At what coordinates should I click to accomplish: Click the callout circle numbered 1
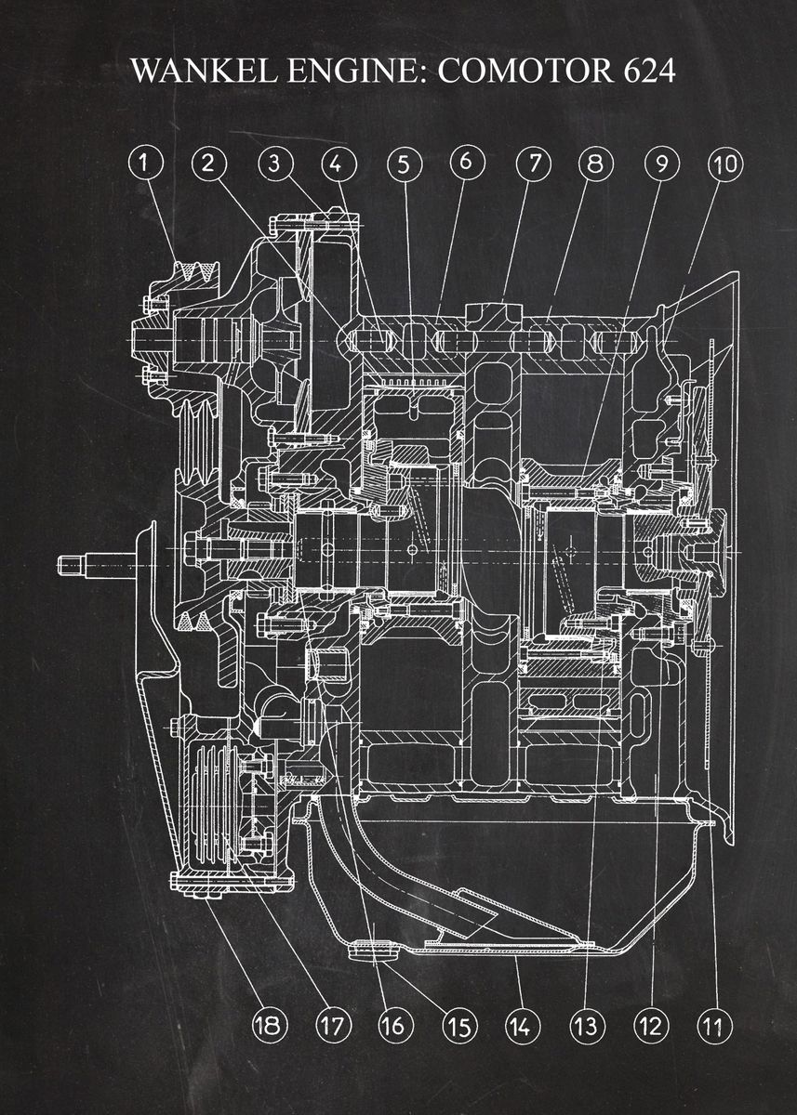[143, 164]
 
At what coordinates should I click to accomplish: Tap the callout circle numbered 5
[404, 164]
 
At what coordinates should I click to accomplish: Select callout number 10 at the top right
[725, 164]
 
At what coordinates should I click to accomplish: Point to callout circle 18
[268, 1025]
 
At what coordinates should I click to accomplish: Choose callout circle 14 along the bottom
[520, 1026]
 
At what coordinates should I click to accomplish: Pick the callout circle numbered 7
[534, 164]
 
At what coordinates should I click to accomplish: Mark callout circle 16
[392, 1026]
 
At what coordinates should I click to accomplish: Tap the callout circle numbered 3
[274, 164]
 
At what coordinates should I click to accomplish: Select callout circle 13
[585, 1026]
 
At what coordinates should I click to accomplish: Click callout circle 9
[661, 164]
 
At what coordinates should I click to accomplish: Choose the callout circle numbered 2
[208, 164]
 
